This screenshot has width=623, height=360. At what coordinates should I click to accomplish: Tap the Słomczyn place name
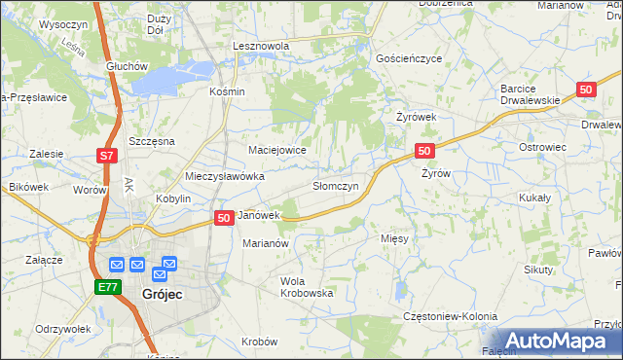pyautogui.click(x=335, y=185)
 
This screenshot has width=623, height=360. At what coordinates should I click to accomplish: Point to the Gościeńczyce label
pyautogui.click(x=410, y=58)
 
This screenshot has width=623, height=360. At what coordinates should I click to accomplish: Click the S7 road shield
pyautogui.click(x=107, y=156)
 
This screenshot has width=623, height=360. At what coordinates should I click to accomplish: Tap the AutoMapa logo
pyautogui.click(x=554, y=341)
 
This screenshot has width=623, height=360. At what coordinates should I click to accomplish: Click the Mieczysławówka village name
pyautogui.click(x=225, y=177)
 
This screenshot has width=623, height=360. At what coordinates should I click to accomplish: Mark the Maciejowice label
pyautogui.click(x=277, y=150)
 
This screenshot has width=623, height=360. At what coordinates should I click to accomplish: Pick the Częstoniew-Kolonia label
pyautogui.click(x=450, y=316)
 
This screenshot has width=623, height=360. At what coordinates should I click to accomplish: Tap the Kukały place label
pyautogui.click(x=535, y=197)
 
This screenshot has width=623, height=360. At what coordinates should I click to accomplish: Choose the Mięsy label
pyautogui.click(x=393, y=236)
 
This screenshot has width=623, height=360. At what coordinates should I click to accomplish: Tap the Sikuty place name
pyautogui.click(x=537, y=268)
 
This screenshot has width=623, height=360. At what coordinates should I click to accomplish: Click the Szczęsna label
pyautogui.click(x=150, y=141)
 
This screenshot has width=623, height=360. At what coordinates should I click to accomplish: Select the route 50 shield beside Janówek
pyautogui.click(x=223, y=218)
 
